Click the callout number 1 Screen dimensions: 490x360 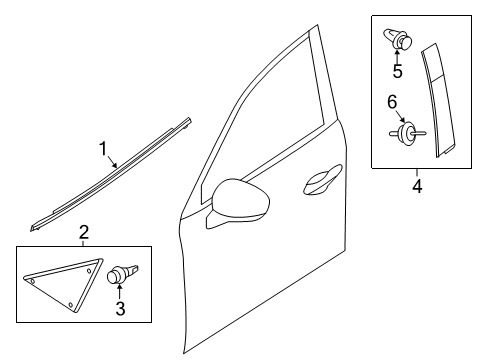pos(104,149)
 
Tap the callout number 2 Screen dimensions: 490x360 pos(84,232)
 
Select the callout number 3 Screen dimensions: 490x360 pos(120,308)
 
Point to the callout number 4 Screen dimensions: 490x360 pos(417,186)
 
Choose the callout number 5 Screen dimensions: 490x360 pos(397,71)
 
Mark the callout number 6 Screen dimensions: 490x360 pos(392,101)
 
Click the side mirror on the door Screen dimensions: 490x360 pos(238,203)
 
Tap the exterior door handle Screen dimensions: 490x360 pos(323,179)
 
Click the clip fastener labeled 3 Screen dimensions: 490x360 pos(121,274)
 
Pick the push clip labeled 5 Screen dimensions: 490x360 pos(398,39)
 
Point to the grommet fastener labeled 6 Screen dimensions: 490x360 pos(407,133)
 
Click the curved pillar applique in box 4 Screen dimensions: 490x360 pos(437,100)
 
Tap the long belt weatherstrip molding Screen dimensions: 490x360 pos(111,174)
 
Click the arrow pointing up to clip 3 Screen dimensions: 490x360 pos(119,291)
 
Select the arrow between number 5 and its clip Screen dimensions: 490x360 pos(397,56)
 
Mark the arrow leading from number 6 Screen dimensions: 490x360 pos(400,116)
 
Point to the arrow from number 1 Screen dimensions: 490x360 pos(112,162)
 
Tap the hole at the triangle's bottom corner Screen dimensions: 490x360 pos(70,305)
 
